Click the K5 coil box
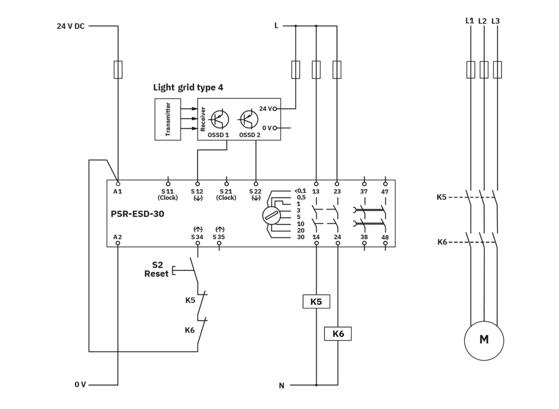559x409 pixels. point(316,301)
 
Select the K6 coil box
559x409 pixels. point(338,334)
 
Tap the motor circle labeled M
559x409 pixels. point(484,340)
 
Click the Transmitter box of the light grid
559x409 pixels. point(168,119)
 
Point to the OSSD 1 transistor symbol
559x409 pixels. point(220,119)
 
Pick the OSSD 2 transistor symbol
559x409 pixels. point(249,119)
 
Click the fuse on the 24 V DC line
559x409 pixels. point(118,69)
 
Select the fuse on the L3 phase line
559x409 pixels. point(498,70)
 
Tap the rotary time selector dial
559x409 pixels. point(272,215)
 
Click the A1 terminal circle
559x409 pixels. point(118,184)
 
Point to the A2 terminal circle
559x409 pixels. point(118,243)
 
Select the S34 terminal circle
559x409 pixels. point(198,243)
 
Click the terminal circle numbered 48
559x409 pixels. point(385,243)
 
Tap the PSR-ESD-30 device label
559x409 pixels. point(138,214)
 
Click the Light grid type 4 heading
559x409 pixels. point(188,87)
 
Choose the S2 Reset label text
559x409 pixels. point(157,269)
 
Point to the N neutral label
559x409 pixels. point(281,386)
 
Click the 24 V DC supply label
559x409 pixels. point(71,26)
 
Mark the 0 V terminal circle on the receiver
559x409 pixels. point(275,128)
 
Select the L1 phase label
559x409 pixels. point(470,21)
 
